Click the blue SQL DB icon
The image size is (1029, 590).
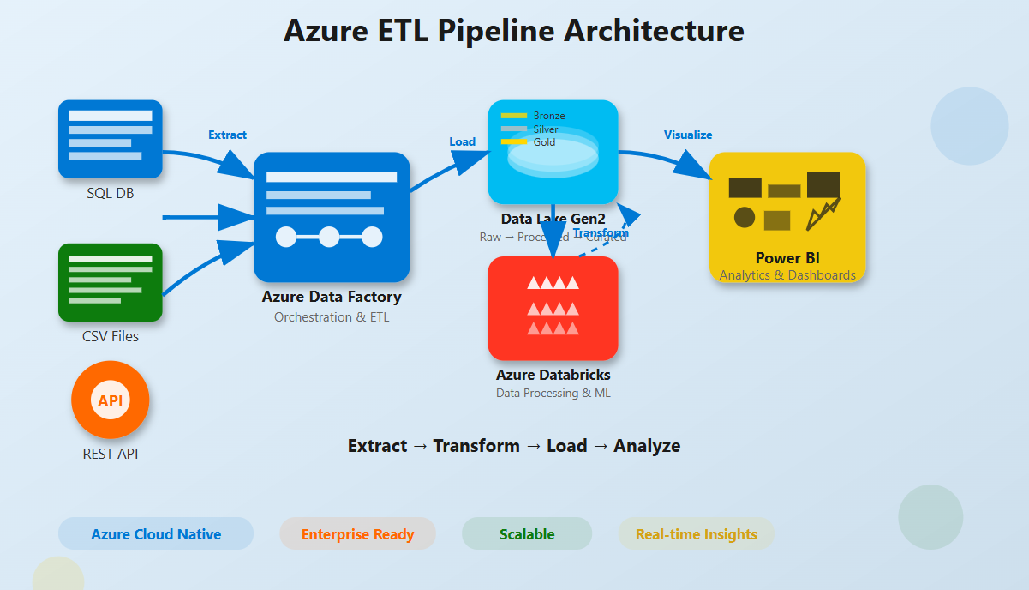(x=110, y=139)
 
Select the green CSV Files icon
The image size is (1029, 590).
(x=110, y=282)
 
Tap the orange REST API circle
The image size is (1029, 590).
(x=110, y=400)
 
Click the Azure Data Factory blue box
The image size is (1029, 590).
(x=332, y=217)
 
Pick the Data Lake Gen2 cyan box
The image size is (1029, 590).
(x=553, y=152)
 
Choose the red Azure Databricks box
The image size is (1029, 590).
(x=553, y=308)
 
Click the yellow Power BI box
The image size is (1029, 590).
(x=787, y=216)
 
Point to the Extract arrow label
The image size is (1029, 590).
(x=227, y=135)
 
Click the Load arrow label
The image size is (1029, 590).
(x=463, y=141)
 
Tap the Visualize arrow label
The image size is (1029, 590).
(x=688, y=135)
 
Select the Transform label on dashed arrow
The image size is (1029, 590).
(x=601, y=233)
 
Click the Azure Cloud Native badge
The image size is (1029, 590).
(x=156, y=533)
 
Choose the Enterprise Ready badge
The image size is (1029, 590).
(x=357, y=533)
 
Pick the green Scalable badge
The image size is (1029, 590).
(x=527, y=533)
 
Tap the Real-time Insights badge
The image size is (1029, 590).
(x=696, y=533)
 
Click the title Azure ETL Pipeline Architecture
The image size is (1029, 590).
(x=514, y=31)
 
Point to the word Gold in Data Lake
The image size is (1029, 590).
(x=544, y=142)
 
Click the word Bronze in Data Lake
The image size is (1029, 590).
(x=549, y=116)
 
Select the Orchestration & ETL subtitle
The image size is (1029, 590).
(x=332, y=317)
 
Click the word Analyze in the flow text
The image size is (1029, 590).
(x=647, y=446)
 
